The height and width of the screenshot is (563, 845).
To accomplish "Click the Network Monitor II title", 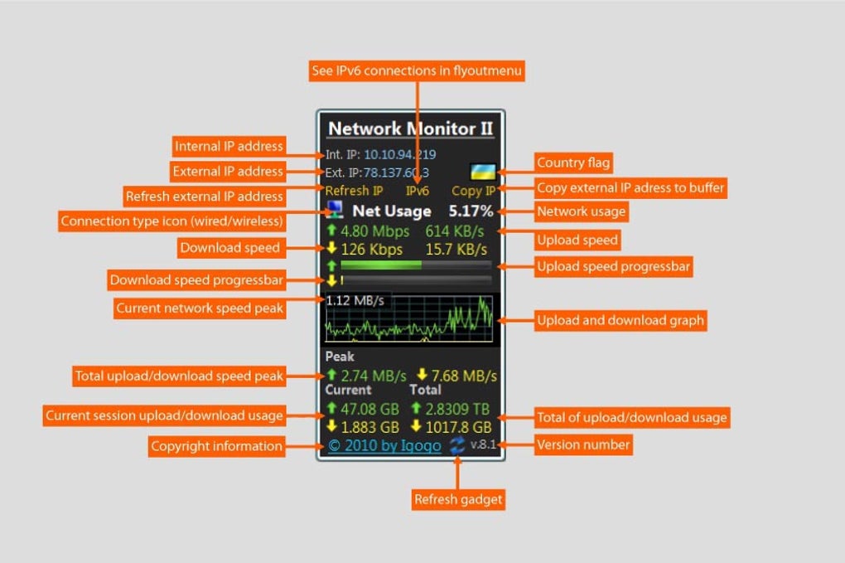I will pos(411,129).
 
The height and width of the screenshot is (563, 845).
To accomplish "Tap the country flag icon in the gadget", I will pos(483,172).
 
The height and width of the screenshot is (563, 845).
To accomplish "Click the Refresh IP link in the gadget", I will pos(354,191).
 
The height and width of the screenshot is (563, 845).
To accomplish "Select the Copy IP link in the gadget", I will pos(474,191).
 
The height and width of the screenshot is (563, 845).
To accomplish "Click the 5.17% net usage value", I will pos(471,211).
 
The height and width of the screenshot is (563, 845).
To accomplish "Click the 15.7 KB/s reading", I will pos(456,250).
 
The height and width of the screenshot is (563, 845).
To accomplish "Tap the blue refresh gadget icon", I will pos(457,446).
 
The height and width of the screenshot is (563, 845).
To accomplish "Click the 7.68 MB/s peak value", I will pos(463,376).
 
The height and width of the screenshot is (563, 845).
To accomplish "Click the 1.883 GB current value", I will pos(370,427).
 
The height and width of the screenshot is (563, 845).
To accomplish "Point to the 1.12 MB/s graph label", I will pos(355,301).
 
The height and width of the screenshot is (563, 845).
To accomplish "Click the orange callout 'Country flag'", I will pos(573,163).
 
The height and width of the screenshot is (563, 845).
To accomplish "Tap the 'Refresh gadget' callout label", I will pos(458,499).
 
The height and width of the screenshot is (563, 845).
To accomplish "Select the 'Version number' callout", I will pos(583,445).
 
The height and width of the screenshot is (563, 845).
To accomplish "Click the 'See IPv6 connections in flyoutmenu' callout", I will pos(417,70).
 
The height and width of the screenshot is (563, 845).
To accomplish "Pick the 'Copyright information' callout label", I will pos(216,446).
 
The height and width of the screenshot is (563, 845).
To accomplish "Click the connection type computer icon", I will pos(334,210).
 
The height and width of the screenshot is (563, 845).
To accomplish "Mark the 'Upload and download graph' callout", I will pos(620,320).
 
